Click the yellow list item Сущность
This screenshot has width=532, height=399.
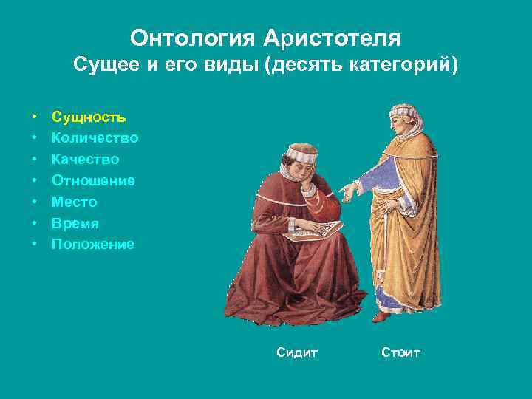[88, 117]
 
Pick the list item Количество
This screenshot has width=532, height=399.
[95, 138]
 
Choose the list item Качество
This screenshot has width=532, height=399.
[85, 159]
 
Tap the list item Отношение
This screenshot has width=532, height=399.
[93, 180]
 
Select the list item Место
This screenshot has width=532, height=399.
[74, 202]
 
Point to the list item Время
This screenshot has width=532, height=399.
[75, 223]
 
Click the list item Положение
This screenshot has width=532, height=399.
[92, 244]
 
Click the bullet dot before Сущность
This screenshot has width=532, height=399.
[35, 117]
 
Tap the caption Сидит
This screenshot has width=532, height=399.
[296, 353]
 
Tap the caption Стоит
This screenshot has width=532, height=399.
[400, 353]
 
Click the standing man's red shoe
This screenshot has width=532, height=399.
[381, 316]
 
